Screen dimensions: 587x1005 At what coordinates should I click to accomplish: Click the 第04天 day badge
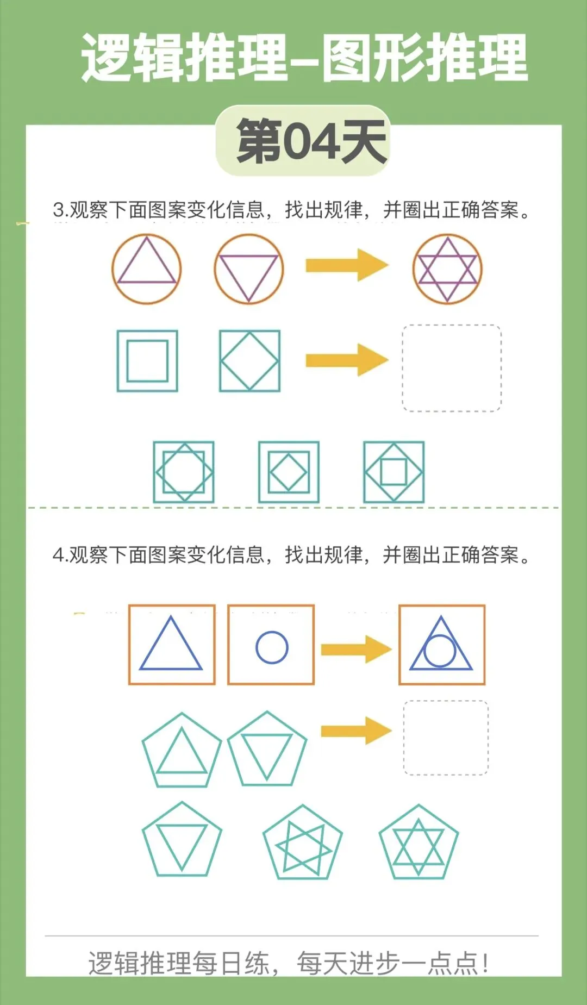point(303,141)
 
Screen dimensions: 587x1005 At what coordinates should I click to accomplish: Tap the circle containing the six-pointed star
point(447,269)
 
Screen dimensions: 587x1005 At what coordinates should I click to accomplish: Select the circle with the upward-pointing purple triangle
point(146,269)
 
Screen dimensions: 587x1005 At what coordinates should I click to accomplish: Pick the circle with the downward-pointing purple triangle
point(249,269)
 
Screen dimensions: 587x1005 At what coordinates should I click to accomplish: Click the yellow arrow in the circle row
point(346,265)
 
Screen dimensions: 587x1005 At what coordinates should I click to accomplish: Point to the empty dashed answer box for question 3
point(451,368)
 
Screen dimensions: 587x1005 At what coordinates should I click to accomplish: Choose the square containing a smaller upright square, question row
point(147,361)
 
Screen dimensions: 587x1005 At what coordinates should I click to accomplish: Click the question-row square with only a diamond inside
point(249,361)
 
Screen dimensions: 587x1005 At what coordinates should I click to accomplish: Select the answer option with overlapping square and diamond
point(184,472)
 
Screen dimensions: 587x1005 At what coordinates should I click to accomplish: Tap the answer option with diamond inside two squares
point(289,472)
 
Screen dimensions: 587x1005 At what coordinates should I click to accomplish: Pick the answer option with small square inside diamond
point(394,472)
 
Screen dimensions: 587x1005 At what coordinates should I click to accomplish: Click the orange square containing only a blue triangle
point(172,645)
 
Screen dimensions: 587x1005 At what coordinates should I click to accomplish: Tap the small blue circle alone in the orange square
point(272,647)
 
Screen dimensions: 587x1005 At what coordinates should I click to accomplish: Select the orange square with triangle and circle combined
point(442,645)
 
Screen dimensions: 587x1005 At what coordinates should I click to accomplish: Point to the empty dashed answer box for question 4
point(446,738)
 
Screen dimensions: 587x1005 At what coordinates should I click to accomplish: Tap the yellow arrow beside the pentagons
point(356,731)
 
